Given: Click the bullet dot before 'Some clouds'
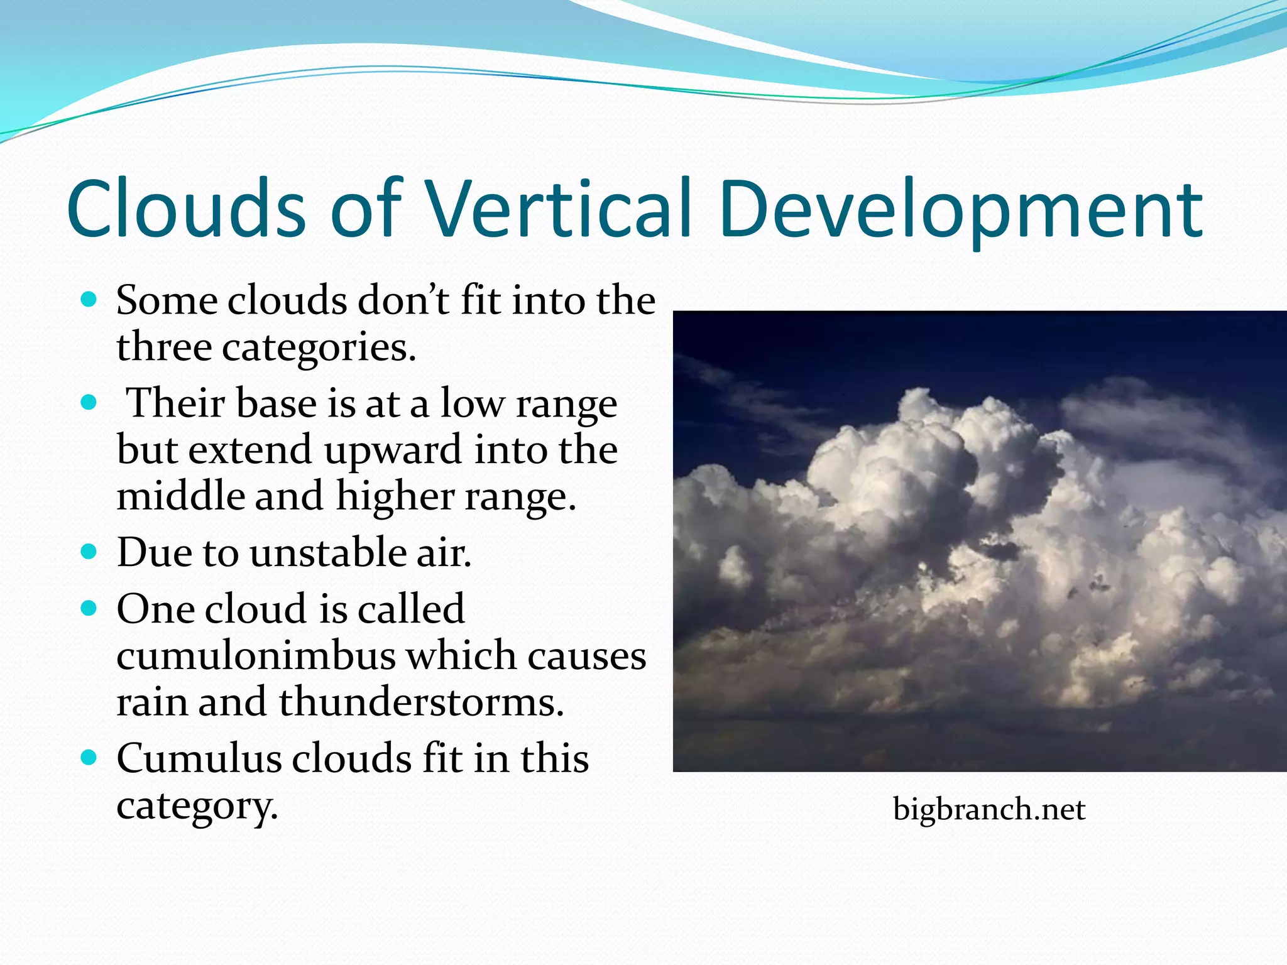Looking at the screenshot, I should tap(89, 300).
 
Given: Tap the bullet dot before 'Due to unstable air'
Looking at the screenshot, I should tap(89, 552).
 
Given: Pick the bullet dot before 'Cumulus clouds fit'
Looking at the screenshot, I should tap(89, 758).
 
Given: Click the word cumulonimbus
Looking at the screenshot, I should tap(256, 656).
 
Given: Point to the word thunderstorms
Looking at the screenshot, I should tap(421, 702).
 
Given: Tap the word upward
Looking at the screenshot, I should tap(394, 450).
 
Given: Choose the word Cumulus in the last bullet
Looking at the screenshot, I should tap(199, 758).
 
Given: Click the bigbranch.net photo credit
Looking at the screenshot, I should tap(989, 809).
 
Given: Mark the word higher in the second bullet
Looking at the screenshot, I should tap(395, 496).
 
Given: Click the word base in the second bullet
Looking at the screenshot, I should tap(277, 403).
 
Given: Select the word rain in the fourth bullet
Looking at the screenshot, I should tap(153, 702).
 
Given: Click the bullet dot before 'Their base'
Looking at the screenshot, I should tap(89, 402).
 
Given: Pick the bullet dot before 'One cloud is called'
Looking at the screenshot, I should tap(89, 608).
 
